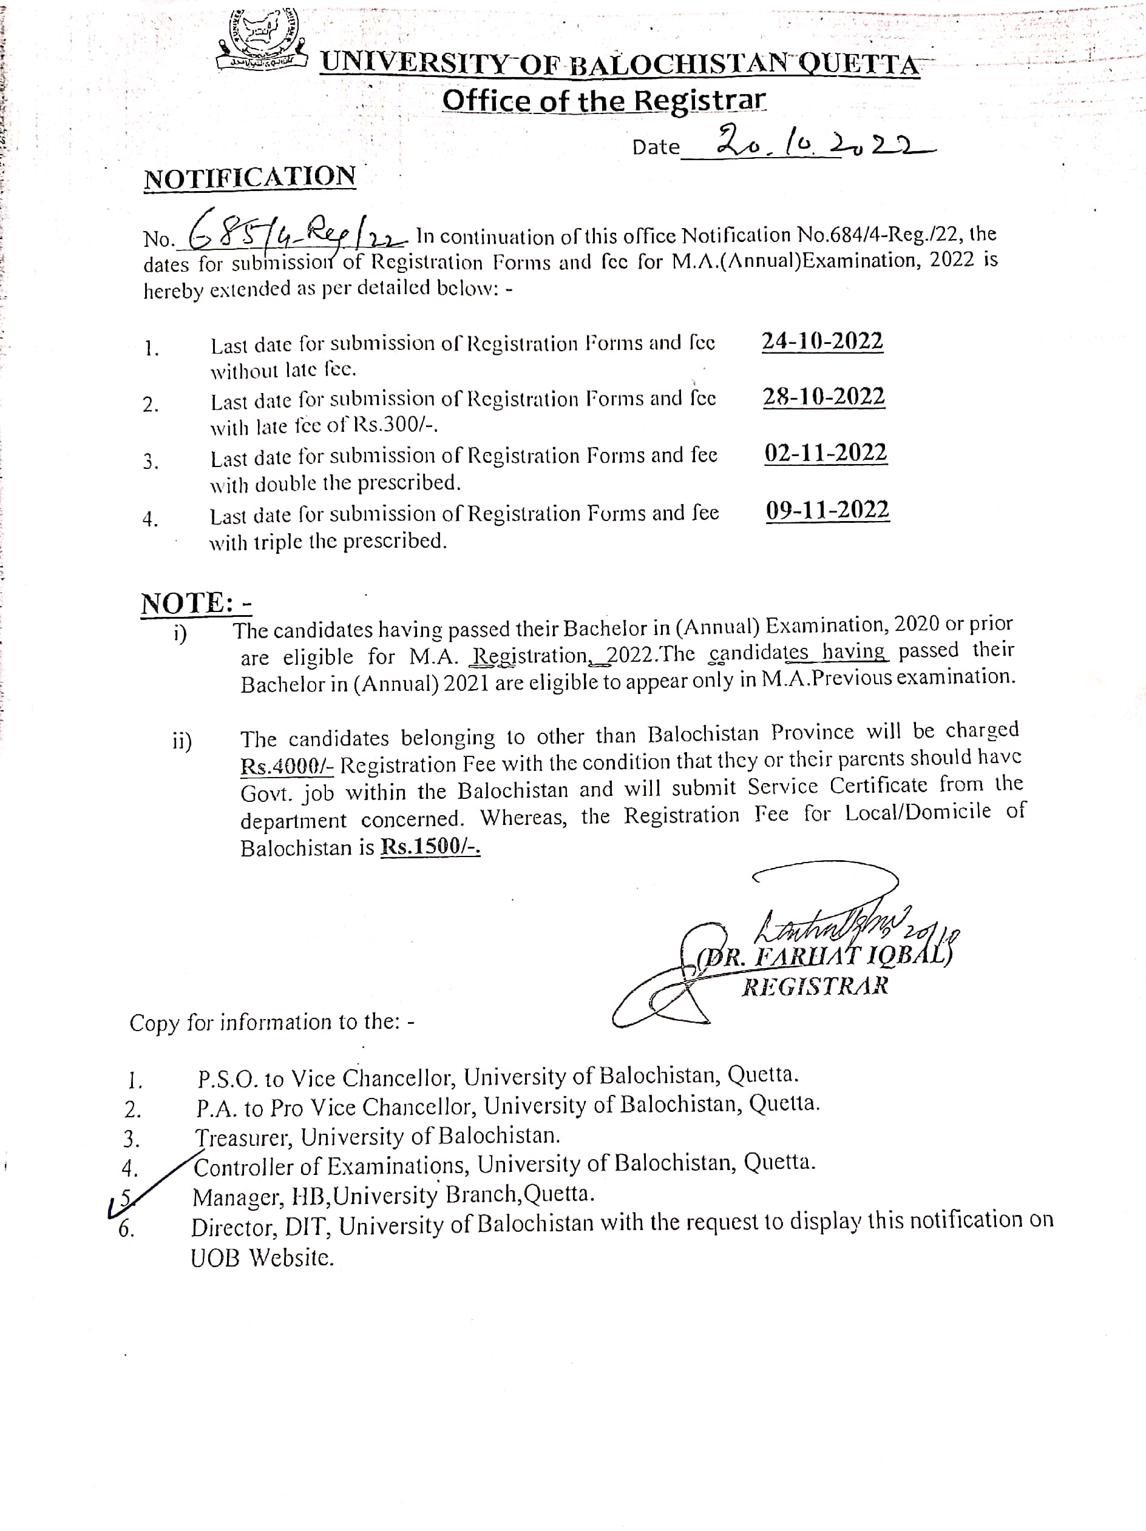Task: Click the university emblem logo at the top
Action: click(x=262, y=41)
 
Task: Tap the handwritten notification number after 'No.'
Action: click(x=291, y=232)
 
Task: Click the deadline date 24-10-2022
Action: click(x=822, y=342)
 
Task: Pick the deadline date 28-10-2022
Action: click(x=823, y=397)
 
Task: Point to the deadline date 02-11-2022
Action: click(x=826, y=453)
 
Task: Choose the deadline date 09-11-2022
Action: click(x=827, y=510)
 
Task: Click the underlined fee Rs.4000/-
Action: click(x=287, y=765)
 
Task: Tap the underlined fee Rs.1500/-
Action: click(x=430, y=847)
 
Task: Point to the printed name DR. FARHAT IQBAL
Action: click(x=824, y=957)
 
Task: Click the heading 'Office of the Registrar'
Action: click(x=604, y=101)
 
